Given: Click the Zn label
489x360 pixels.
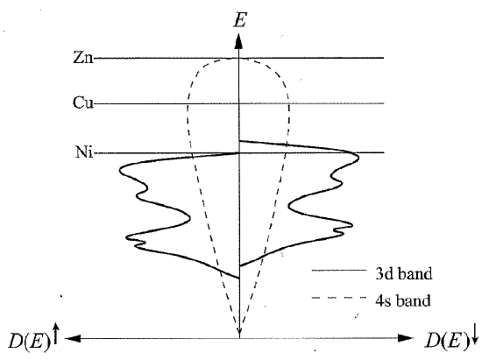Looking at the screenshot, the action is [83, 57].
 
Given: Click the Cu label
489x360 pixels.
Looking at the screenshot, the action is [83, 102].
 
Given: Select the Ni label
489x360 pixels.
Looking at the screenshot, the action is [84, 152].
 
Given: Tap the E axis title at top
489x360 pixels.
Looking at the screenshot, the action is [240, 20].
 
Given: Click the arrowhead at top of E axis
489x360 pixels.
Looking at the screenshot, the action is [238, 41].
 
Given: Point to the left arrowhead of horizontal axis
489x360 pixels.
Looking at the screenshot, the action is [73, 338].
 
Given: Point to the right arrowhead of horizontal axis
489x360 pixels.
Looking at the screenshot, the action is [406, 338].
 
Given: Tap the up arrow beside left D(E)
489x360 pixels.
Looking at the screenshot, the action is [56, 334].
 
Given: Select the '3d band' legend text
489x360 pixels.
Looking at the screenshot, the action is [404, 273].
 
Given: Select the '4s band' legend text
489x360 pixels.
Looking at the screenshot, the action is [403, 300].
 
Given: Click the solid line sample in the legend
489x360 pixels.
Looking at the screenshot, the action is [339, 271].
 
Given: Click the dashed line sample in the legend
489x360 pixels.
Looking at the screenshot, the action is [339, 298].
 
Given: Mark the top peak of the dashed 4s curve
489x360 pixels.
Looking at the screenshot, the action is [238, 59].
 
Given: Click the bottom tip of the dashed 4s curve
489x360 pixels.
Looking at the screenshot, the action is [239, 334].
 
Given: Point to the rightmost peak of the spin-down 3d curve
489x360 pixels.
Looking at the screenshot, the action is [358, 158].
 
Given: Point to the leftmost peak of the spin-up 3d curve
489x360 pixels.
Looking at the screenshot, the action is [120, 170].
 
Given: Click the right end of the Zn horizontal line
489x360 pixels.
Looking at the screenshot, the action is [384, 58].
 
